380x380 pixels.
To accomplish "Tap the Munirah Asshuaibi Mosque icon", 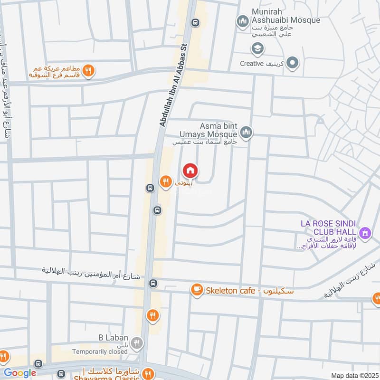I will [243, 21].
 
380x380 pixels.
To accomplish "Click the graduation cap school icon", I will [257, 48].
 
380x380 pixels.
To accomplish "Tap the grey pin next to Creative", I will [293, 63].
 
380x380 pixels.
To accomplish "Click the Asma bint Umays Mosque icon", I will [246, 133].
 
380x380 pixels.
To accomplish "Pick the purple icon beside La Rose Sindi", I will [365, 233].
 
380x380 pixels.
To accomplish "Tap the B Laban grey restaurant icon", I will [137, 342].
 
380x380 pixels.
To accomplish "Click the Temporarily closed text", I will [99, 352].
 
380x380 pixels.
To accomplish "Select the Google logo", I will [20, 373].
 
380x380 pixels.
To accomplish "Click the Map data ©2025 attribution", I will [354, 375].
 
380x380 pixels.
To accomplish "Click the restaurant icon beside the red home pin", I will [165, 180].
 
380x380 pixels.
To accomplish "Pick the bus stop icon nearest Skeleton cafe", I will [153, 283].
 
